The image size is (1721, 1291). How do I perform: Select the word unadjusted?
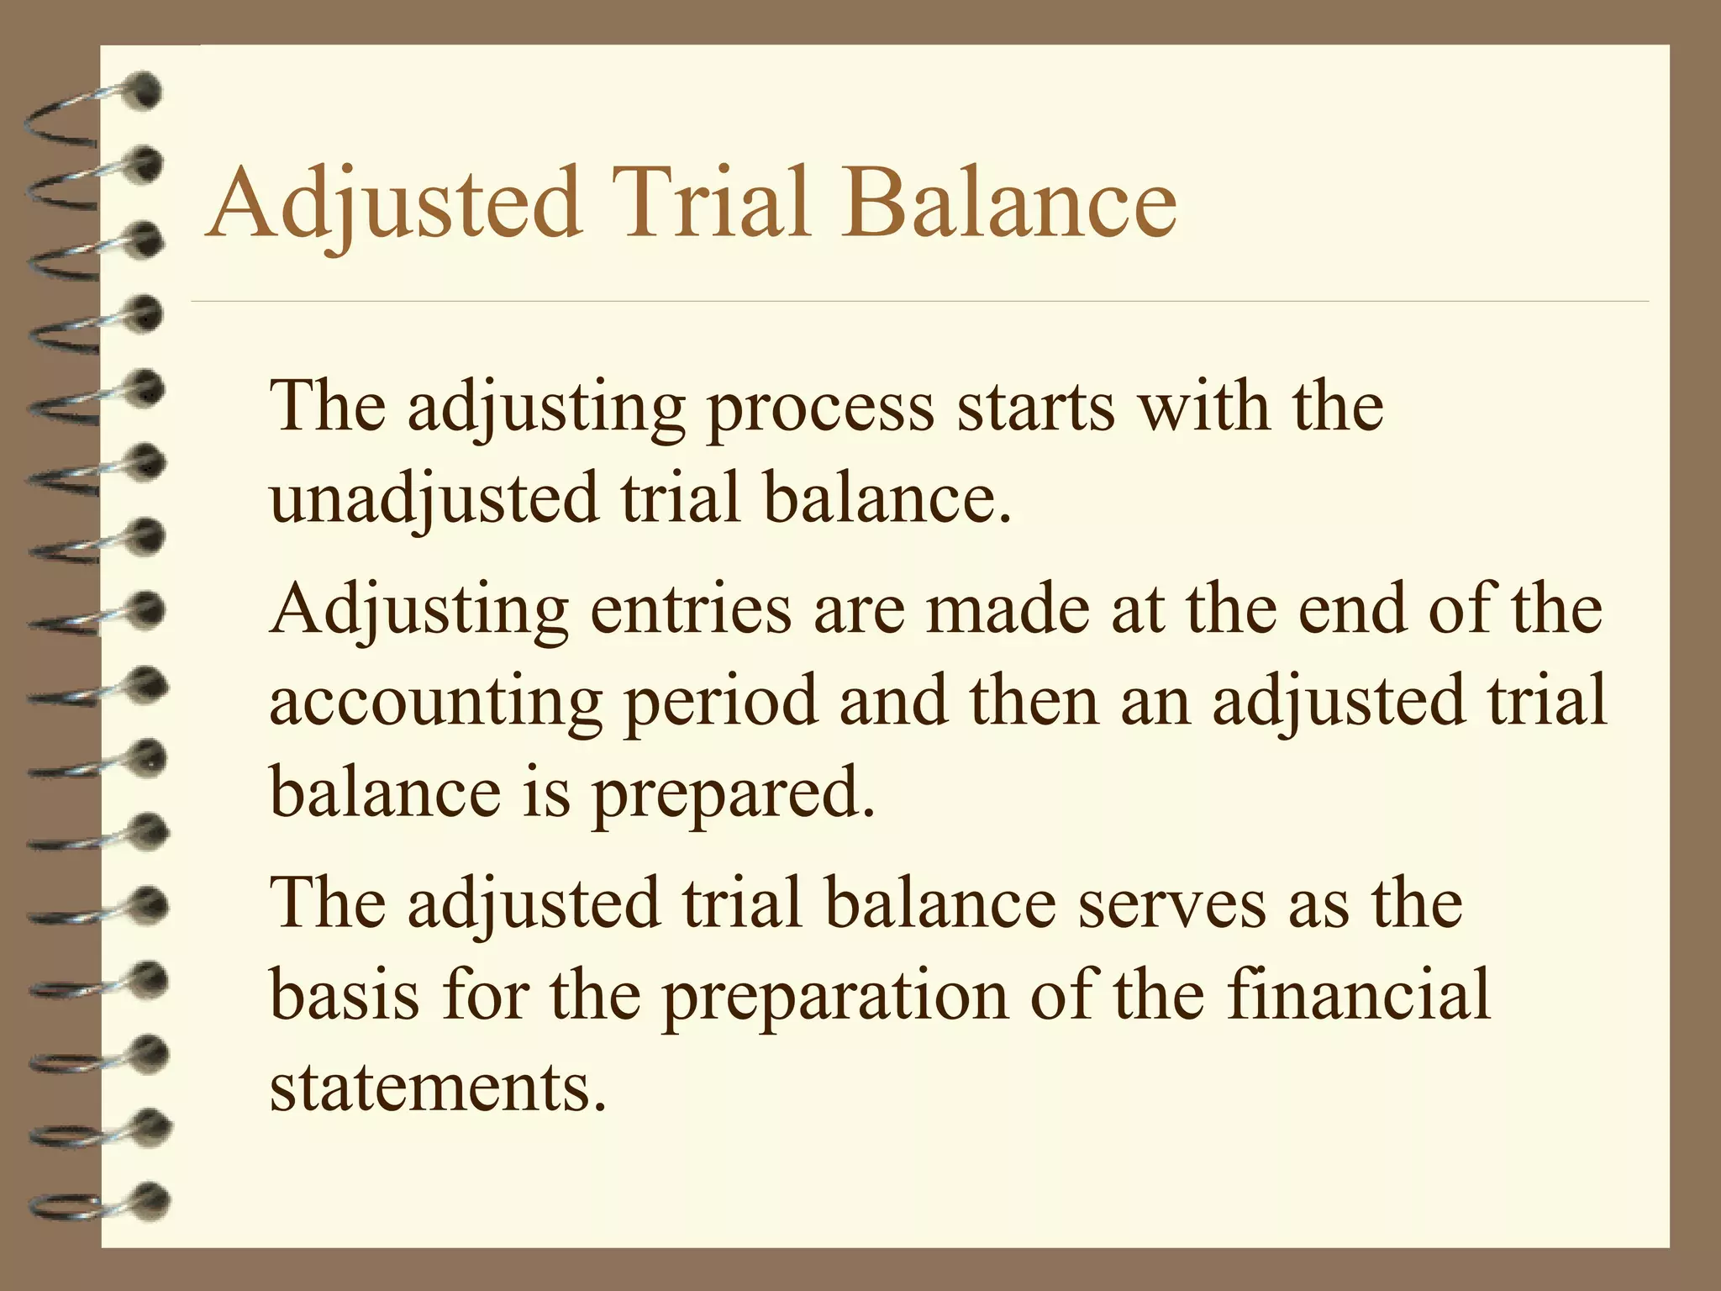[x=434, y=499]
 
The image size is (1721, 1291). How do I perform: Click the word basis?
[x=345, y=995]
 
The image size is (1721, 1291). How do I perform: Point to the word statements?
[x=437, y=1088]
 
